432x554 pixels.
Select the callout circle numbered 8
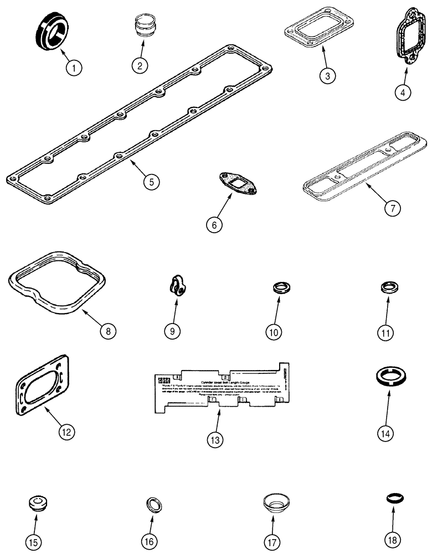108,331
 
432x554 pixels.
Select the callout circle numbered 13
215,440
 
